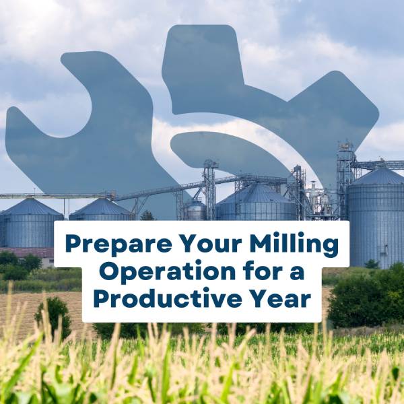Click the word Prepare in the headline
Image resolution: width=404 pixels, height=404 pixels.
(x=118, y=245)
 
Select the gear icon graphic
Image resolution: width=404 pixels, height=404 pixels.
(x=271, y=103)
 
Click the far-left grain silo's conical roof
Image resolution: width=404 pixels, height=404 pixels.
(x=30, y=207)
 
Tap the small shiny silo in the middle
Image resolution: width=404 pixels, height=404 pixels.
(x=196, y=209)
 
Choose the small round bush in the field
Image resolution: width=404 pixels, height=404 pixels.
(x=53, y=316)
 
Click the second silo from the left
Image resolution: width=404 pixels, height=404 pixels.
(x=101, y=209)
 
